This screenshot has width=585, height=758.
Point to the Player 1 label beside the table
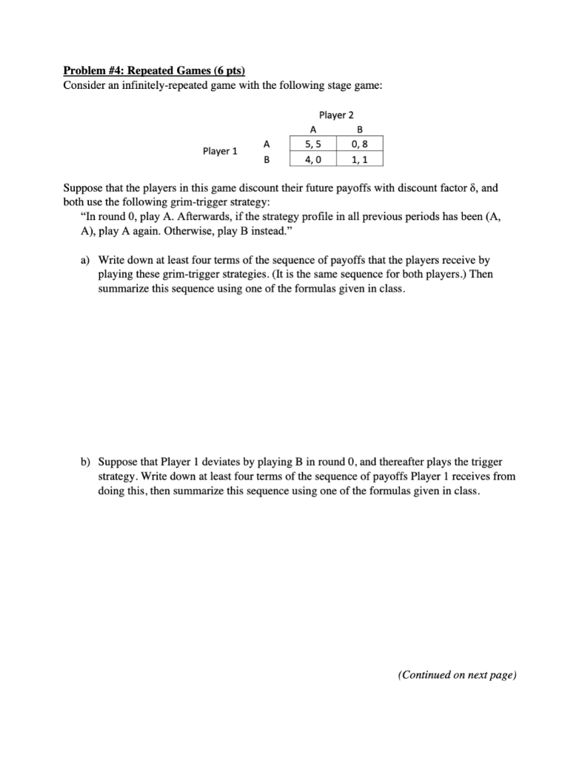220,152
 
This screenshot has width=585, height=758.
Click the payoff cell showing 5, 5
312,144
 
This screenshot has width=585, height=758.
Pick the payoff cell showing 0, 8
359,144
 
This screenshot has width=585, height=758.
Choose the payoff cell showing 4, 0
312,159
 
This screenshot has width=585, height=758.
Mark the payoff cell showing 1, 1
359,159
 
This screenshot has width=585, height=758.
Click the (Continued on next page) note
457,675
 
